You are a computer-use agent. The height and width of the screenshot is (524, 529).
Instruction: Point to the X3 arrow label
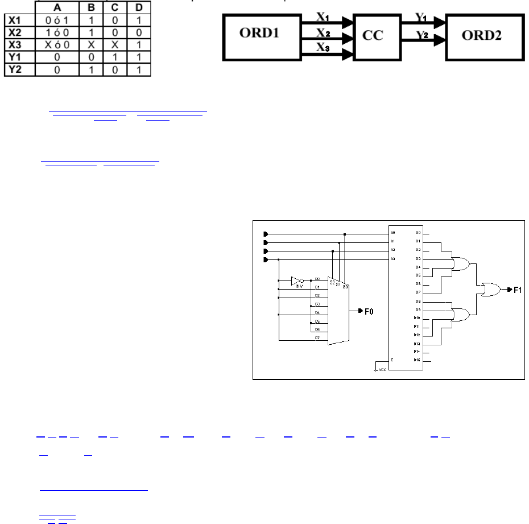(323, 48)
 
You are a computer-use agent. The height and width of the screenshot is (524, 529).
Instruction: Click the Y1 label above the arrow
(421, 17)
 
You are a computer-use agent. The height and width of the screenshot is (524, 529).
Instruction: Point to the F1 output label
(518, 290)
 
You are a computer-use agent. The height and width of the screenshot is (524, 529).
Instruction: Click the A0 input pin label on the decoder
(392, 233)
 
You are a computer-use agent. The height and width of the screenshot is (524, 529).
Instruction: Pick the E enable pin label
(392, 361)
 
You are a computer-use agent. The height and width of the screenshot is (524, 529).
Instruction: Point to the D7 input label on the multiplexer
(317, 338)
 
